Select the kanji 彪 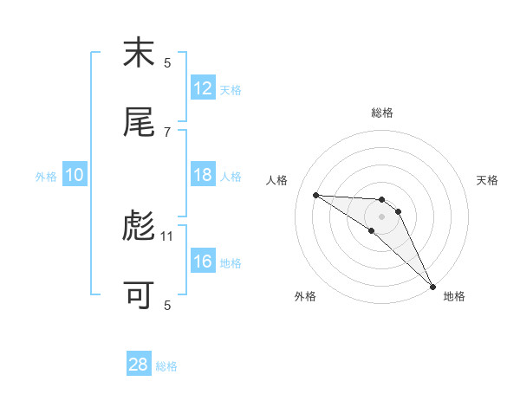139,226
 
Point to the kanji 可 139,295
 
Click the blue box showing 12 203,88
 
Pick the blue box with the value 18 203,175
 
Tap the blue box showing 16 203,262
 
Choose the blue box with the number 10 75,175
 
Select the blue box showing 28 139,365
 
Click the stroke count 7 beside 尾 167,132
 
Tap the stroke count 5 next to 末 167,62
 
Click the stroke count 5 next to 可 167,305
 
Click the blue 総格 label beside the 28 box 166,366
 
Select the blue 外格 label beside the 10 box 46,177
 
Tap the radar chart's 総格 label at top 381,113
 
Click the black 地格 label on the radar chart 454,297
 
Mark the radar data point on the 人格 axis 315,195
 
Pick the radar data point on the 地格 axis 432,285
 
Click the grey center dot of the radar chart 381,216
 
